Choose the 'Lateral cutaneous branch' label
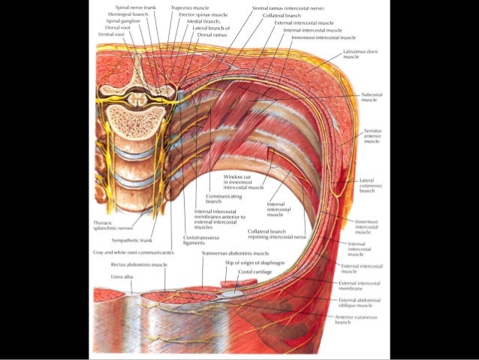[x=366, y=184]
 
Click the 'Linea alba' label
[x=122, y=277]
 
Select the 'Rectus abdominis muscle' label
[x=139, y=265]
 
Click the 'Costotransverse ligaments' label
[x=200, y=240]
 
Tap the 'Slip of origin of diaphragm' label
[x=255, y=263]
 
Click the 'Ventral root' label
[x=111, y=35]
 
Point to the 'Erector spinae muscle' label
[x=203, y=14]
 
